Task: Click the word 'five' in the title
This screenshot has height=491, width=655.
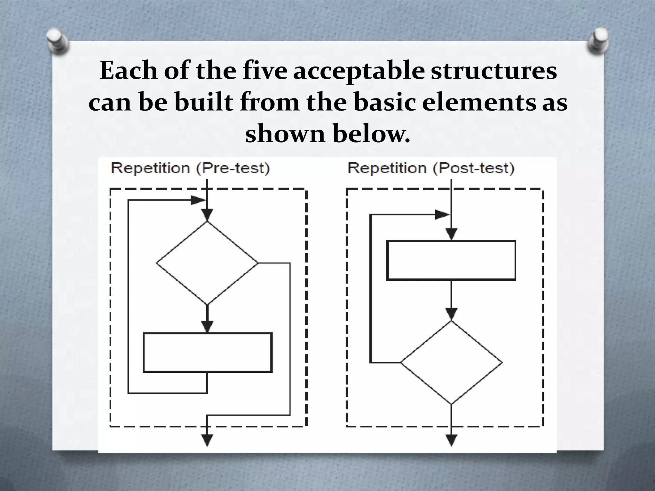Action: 265,71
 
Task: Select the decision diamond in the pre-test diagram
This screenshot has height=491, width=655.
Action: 207,263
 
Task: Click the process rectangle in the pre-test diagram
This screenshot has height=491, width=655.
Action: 208,353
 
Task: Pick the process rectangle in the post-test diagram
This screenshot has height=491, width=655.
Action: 451,260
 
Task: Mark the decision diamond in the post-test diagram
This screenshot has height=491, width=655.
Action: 451,362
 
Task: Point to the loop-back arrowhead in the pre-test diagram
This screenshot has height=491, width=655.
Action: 197,200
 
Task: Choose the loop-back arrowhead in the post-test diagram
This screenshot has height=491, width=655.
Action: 442,215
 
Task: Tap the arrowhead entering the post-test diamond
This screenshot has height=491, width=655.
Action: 451,314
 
